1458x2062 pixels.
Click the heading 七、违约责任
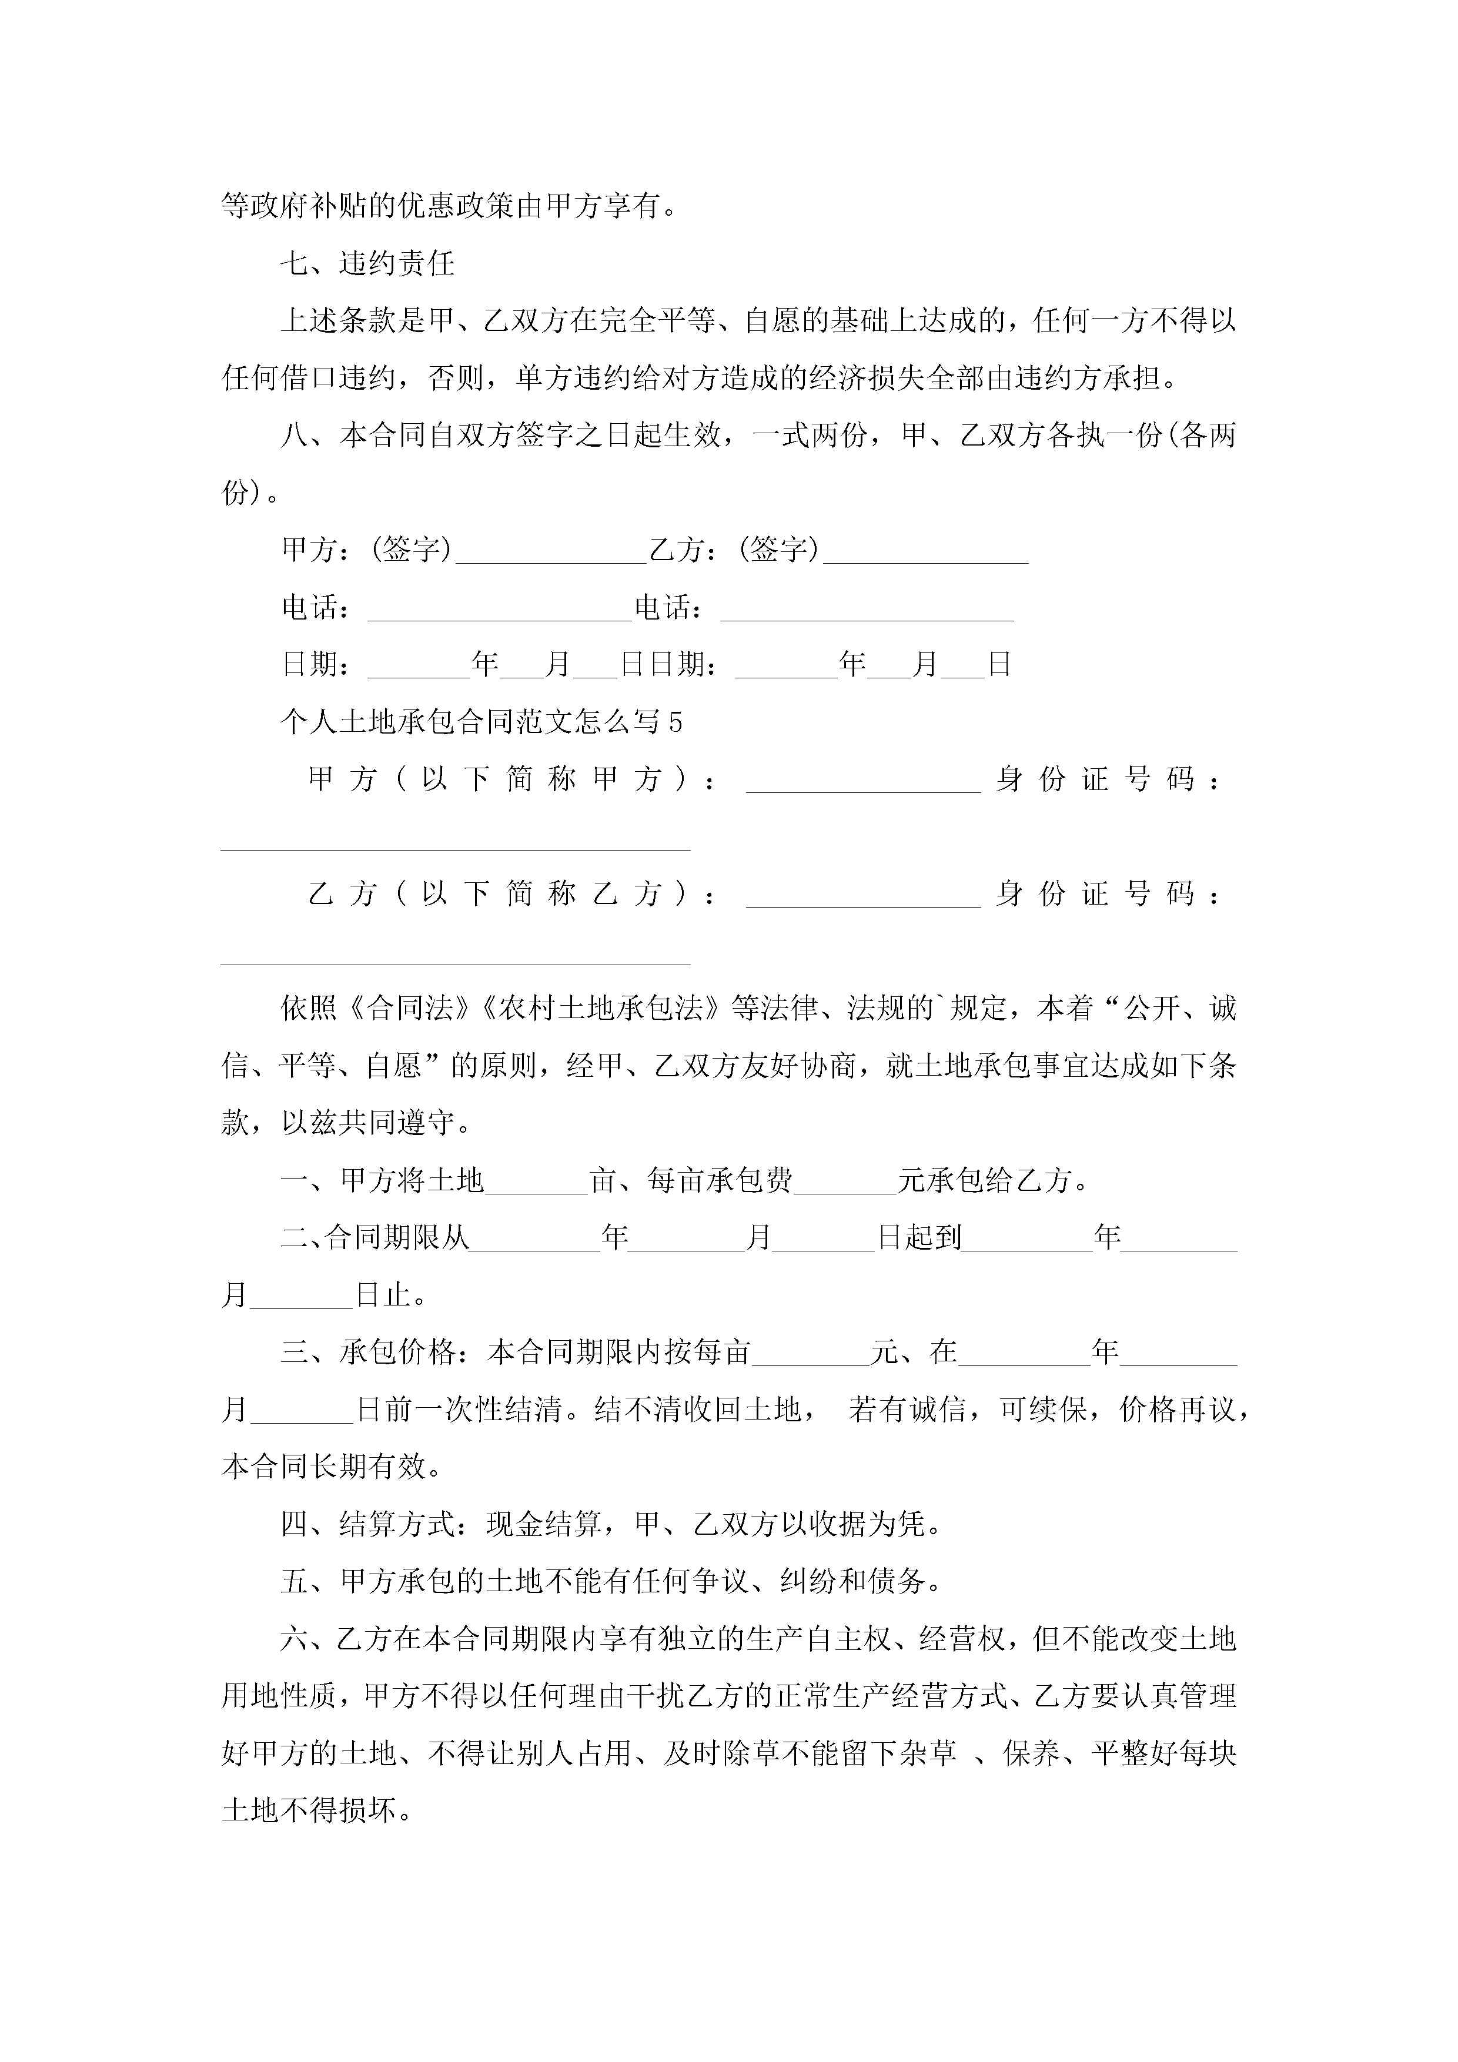pyautogui.click(x=367, y=263)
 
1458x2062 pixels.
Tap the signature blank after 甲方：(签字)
pyautogui.click(x=551, y=551)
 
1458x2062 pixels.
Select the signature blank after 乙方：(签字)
pyautogui.click(x=925, y=551)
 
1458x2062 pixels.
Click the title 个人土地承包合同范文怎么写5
pyautogui.click(x=481, y=721)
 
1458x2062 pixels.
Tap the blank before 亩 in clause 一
pyautogui.click(x=536, y=1180)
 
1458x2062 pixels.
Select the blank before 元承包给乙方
pyautogui.click(x=845, y=1180)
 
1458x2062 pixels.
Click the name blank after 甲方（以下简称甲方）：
pyautogui.click(x=862, y=779)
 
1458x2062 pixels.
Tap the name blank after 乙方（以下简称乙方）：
pyautogui.click(x=862, y=895)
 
